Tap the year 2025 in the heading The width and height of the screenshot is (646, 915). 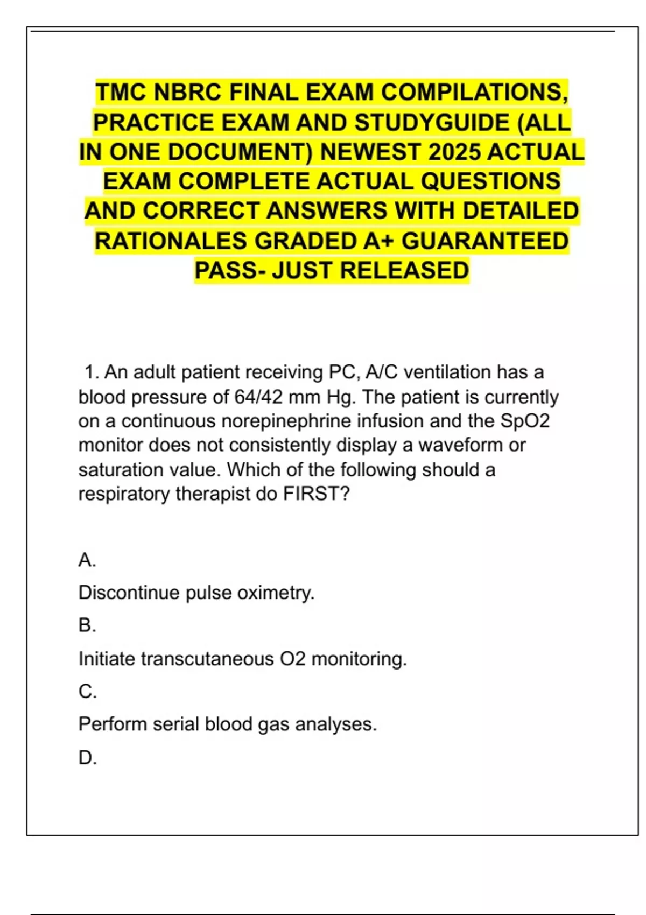click(455, 152)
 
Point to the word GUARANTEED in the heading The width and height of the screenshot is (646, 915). click(485, 241)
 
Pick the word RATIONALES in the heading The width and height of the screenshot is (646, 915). click(171, 241)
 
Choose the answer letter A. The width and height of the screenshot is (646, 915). click(87, 560)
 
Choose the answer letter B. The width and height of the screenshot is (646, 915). click(87, 625)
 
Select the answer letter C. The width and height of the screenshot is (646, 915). click(87, 692)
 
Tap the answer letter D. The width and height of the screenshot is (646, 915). click(87, 758)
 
